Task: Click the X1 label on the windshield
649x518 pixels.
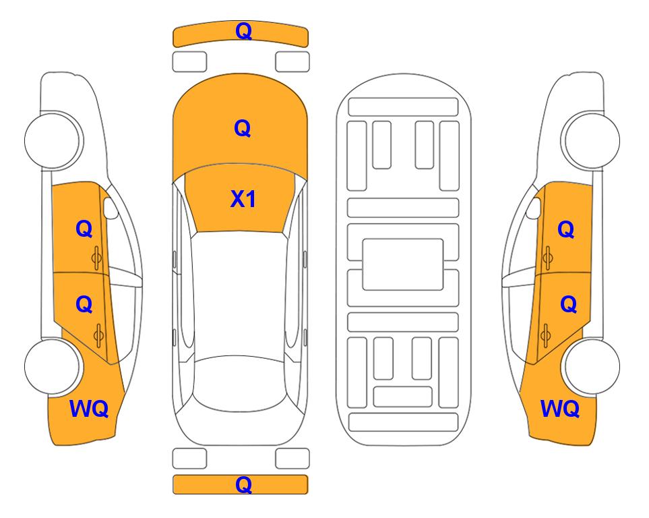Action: (243, 199)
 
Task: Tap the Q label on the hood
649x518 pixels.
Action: (243, 128)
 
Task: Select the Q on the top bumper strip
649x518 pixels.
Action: (243, 30)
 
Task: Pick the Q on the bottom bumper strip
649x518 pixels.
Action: (243, 484)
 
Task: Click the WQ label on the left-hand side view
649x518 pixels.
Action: (89, 409)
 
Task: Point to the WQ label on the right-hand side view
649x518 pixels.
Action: (560, 409)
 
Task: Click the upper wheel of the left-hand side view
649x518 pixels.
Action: (53, 140)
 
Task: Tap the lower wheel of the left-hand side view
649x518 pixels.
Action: (53, 366)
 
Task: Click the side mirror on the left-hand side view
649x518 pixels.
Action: (111, 208)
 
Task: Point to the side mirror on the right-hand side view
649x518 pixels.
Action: (534, 208)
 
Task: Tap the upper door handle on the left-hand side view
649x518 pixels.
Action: (97, 258)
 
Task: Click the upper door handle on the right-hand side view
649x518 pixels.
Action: (547, 258)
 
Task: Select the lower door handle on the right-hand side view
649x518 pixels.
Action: (545, 336)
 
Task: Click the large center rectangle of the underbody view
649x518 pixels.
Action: (403, 264)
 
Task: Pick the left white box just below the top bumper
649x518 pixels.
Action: (189, 62)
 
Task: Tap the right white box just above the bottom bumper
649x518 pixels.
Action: (292, 459)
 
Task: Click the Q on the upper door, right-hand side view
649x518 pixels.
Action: (566, 229)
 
